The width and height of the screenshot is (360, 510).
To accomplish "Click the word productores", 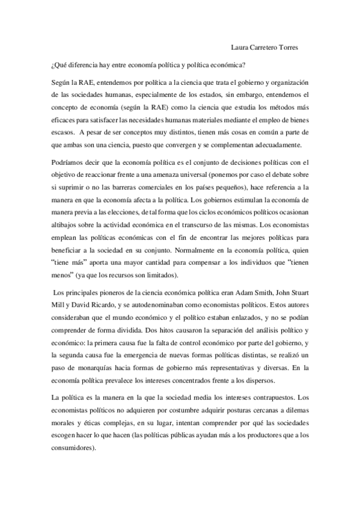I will tap(260, 435).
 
